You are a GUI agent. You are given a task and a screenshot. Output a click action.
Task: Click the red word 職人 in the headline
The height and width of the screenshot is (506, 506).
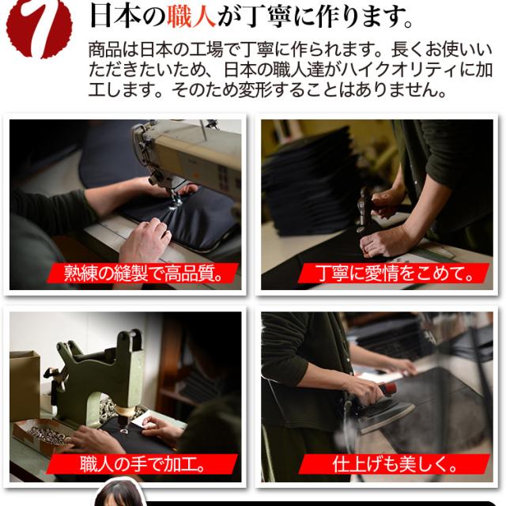[x=191, y=16]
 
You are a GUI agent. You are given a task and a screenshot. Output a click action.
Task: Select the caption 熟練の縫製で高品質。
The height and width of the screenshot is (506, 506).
[x=143, y=273]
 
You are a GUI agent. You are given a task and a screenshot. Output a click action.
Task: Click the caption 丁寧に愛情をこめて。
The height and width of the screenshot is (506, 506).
[x=394, y=273]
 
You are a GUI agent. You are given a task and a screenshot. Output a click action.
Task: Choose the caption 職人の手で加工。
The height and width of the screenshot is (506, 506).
[x=143, y=464]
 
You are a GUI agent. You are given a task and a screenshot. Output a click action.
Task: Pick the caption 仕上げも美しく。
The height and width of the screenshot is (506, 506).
[x=395, y=464]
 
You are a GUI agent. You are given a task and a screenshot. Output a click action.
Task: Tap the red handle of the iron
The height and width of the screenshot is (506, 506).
[x=388, y=388]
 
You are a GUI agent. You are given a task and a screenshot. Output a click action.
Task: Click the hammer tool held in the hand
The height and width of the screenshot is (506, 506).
[x=364, y=206]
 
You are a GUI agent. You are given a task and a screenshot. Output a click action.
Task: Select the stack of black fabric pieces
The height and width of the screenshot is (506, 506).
[x=310, y=181]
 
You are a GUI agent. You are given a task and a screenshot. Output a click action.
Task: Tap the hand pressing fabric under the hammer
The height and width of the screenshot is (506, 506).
[x=386, y=240]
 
